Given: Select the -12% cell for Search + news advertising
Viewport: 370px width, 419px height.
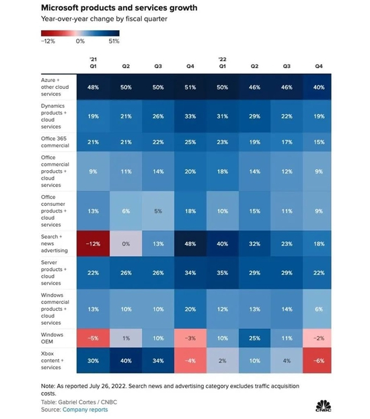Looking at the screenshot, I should coord(94,245).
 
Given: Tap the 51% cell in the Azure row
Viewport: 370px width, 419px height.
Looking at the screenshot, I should coord(191,86).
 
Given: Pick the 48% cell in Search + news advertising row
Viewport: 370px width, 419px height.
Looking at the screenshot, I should coord(191,245).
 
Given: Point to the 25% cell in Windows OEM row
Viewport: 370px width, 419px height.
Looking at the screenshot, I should coord(256,337).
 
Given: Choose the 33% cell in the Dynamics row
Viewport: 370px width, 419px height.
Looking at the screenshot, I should coord(191,116).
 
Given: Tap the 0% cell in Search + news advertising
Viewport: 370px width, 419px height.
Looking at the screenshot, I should coord(126,245).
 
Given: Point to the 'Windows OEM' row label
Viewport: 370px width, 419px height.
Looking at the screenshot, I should coord(52,337).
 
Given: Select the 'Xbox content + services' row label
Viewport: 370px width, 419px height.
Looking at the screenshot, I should coord(54,360).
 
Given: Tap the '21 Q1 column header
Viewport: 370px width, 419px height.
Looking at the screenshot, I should coord(94,63).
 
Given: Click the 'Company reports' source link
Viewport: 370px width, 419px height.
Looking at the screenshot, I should coord(85,409).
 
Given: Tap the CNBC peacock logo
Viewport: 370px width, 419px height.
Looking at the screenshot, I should coord(323,405).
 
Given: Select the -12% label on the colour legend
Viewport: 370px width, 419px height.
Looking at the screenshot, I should coord(48,41).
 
